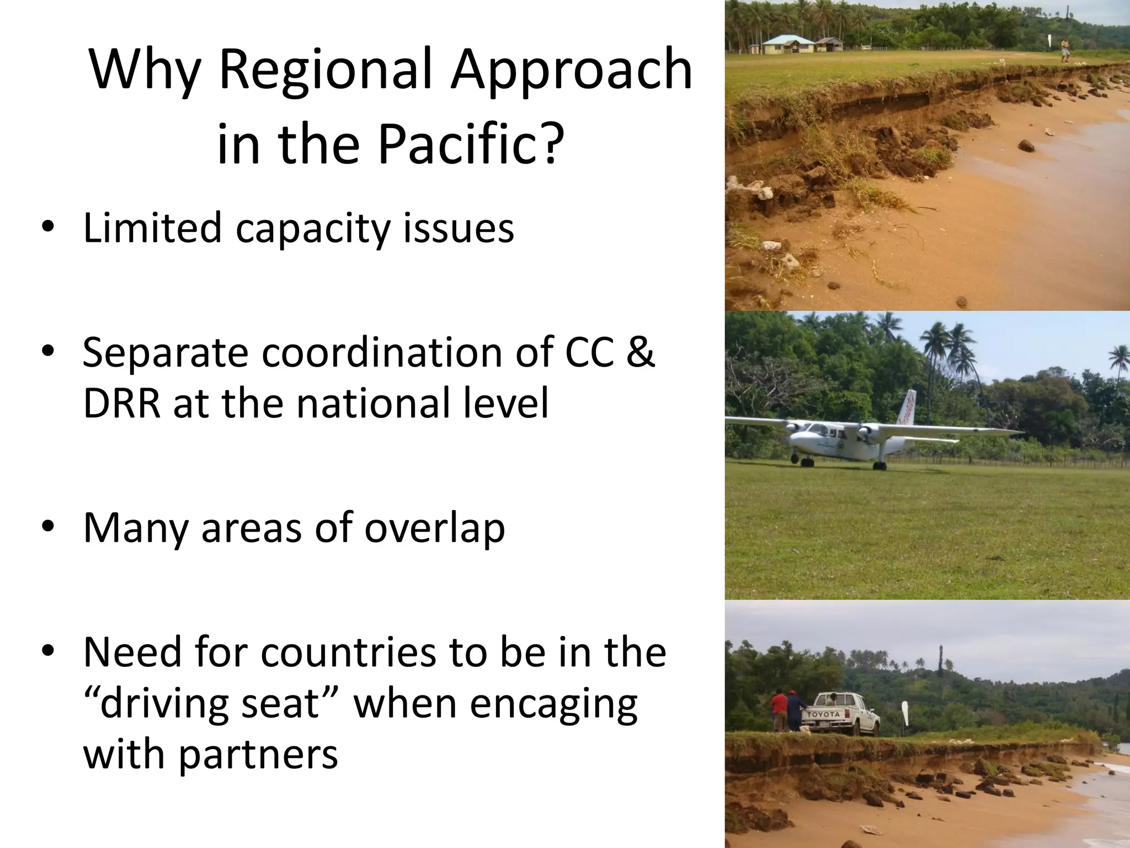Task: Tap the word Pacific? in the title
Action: tap(471, 144)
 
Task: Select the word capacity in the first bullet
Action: tap(313, 228)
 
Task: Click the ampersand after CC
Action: tap(640, 352)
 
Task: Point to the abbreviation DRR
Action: tap(122, 403)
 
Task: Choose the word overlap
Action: tap(434, 528)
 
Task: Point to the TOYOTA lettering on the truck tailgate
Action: tap(824, 714)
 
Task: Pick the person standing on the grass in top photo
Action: tap(1064, 50)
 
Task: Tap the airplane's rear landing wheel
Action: tap(880, 466)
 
